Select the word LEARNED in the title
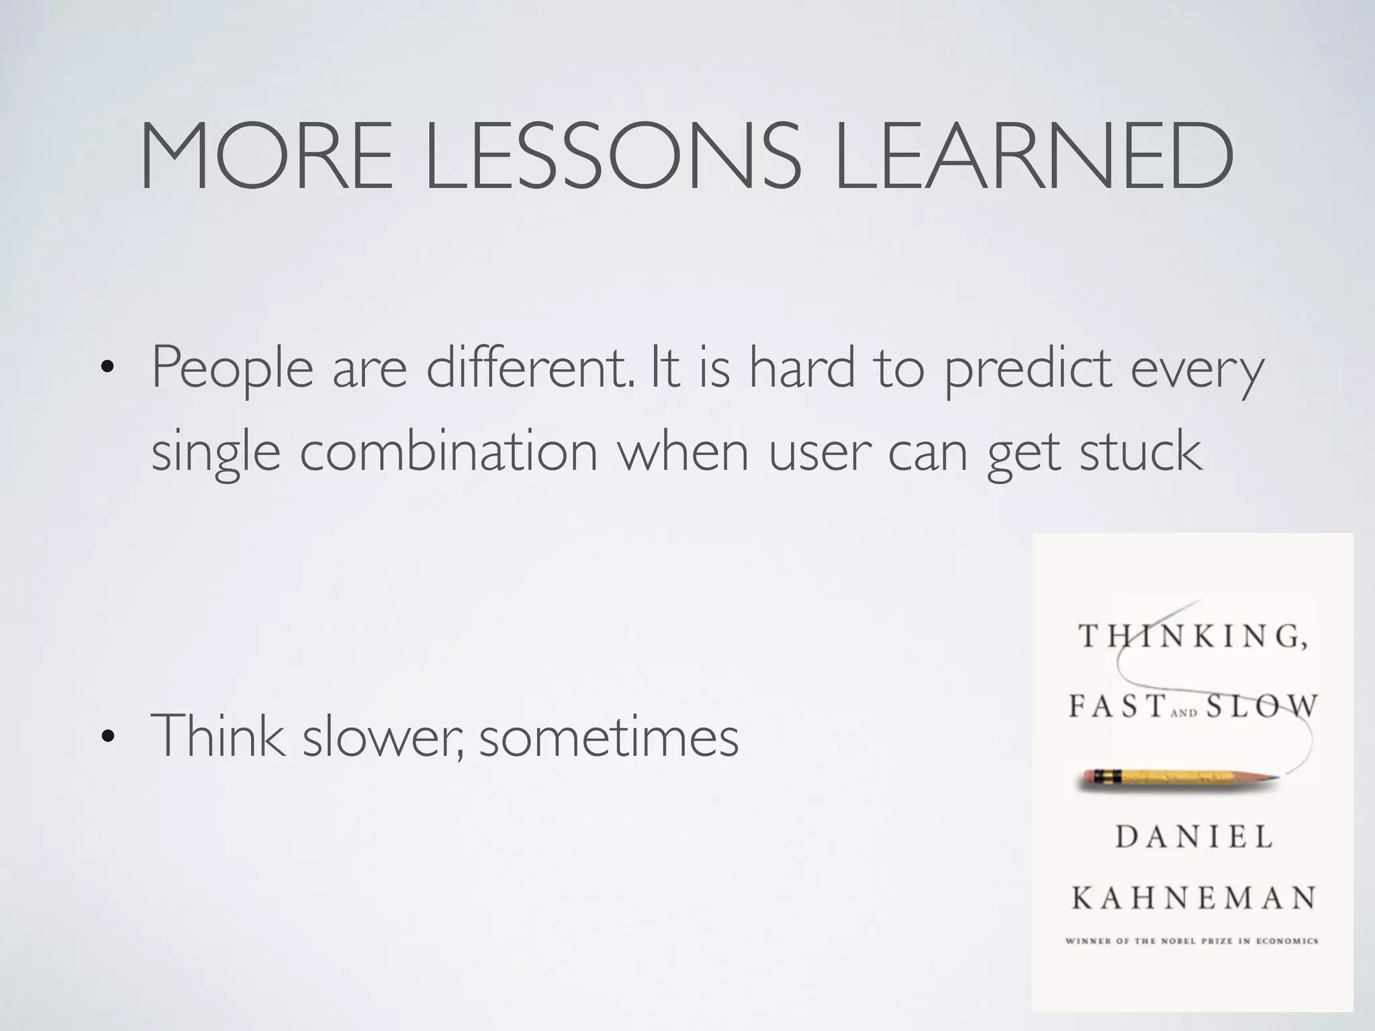click(x=1034, y=156)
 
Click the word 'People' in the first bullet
click(x=232, y=369)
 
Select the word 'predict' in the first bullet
click(x=1028, y=369)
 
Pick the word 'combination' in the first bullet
click(x=448, y=452)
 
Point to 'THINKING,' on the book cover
click(x=1193, y=636)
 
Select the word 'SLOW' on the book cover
click(x=1262, y=706)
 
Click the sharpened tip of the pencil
click(x=1274, y=778)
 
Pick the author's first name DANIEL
click(x=1194, y=837)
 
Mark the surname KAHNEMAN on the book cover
click(x=1193, y=897)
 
